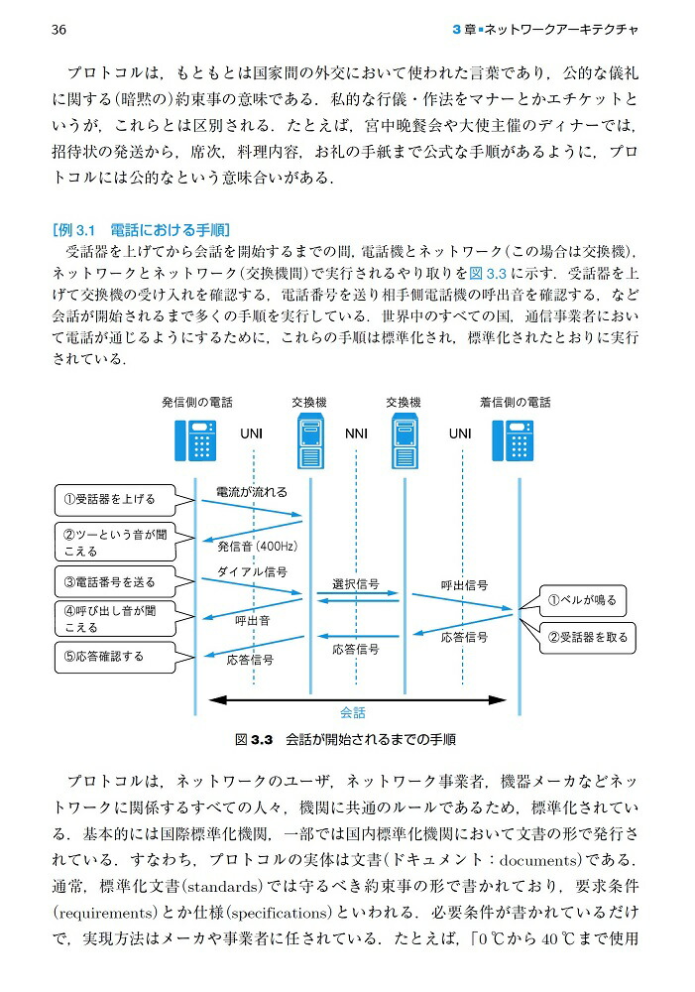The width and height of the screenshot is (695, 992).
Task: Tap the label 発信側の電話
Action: (197, 402)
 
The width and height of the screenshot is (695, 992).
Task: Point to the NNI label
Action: (356, 434)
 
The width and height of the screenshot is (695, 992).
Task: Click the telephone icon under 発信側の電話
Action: (196, 440)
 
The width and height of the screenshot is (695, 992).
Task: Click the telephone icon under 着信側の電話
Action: (514, 440)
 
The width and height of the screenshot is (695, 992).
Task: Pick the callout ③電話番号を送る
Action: (110, 581)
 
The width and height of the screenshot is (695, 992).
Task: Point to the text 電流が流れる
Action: (252, 491)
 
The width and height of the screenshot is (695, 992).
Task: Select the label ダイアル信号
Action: (253, 572)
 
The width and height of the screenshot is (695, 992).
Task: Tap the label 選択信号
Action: (355, 583)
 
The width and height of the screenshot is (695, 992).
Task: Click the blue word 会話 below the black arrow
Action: (353, 712)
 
